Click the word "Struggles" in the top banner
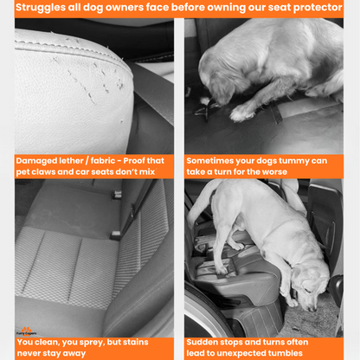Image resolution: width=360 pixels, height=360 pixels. (x=41, y=8)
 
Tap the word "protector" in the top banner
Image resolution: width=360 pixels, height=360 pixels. (x=318, y=8)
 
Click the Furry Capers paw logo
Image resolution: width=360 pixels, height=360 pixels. (x=27, y=331)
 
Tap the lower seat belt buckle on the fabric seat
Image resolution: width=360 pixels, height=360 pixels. (x=115, y=235)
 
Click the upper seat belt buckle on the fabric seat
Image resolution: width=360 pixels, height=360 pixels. (x=117, y=195)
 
